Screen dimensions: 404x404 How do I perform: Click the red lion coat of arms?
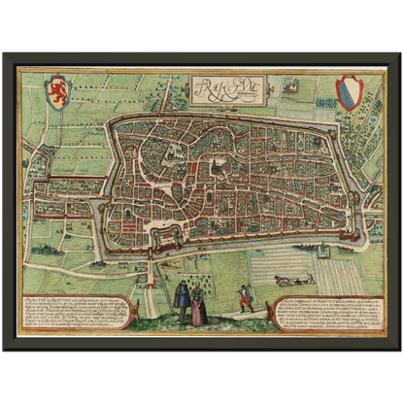[x=59, y=92]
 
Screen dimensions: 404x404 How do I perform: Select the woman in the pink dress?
[x=198, y=307]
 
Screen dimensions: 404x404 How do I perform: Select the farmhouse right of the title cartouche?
[x=289, y=86]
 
